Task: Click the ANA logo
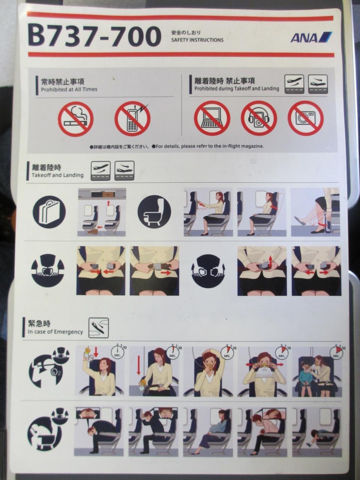click(311, 37)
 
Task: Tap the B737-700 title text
click(94, 36)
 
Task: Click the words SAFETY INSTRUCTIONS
click(197, 40)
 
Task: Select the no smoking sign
click(76, 119)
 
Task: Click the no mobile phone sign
click(132, 119)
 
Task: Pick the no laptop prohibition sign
click(212, 118)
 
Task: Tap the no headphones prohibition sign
click(259, 118)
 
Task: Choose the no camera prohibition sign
click(306, 118)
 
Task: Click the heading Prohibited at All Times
click(69, 90)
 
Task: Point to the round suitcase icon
click(49, 212)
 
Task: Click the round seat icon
click(154, 211)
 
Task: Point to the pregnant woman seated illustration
click(208, 430)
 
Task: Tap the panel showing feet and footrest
click(316, 212)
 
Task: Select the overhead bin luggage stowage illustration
click(102, 212)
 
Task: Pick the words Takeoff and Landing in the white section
click(57, 175)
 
